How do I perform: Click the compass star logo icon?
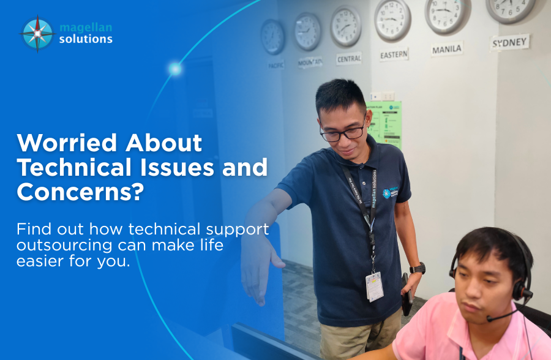[37, 33]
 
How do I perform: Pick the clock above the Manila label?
[446, 15]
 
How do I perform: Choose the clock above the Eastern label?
[393, 20]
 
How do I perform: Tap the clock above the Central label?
[346, 26]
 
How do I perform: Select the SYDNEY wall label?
[510, 42]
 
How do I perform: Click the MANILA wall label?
[446, 49]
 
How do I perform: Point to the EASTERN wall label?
[393, 54]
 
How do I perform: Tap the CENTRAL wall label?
[348, 59]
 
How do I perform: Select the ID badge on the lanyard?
[374, 286]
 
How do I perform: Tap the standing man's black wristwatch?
[418, 268]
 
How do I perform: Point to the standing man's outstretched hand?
[261, 269]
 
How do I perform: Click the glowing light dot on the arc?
[175, 69]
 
